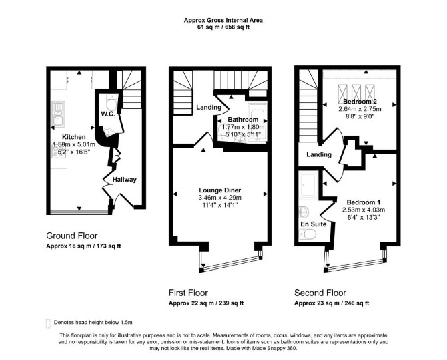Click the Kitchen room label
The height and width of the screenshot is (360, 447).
click(74, 137)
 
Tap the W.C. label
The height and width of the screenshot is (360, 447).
click(108, 114)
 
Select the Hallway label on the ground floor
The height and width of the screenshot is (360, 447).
click(125, 180)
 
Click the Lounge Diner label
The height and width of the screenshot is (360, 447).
click(219, 190)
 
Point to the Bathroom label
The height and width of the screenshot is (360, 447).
click(243, 120)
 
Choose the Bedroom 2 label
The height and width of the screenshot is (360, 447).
click(360, 102)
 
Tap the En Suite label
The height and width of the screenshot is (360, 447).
click(314, 224)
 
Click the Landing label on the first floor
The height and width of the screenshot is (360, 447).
click(209, 108)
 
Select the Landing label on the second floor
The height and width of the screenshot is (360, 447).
click(319, 154)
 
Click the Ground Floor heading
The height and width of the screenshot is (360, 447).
click(72, 236)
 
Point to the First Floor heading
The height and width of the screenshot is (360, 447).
click(188, 293)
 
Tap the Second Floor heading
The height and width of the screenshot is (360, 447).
click(320, 293)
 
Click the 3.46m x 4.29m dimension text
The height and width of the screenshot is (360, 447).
click(219, 198)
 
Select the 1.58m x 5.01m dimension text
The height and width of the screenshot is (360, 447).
click(74, 144)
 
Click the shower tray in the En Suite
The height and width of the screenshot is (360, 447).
click(308, 184)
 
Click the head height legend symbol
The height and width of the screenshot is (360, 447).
click(48, 323)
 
